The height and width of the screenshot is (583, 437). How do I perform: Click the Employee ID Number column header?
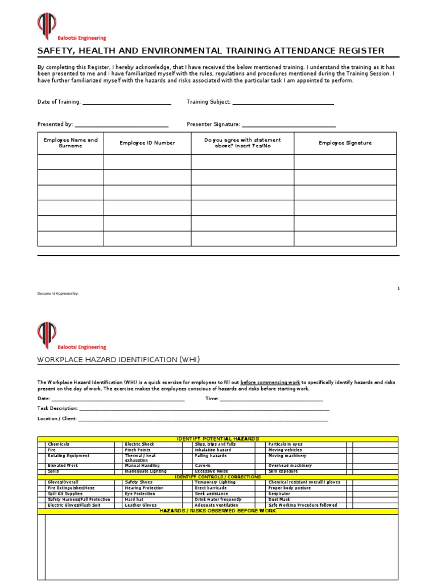pos(147,143)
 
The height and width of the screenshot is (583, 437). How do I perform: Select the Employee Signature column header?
pos(345,143)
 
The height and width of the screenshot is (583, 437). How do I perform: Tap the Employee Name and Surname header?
pos(71,142)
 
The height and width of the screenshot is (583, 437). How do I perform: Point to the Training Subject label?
pos(209,102)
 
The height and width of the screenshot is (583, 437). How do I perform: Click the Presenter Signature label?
pos(213,124)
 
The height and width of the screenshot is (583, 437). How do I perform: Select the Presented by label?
pos(55,124)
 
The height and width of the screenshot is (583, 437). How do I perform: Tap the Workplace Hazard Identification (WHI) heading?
pos(118,360)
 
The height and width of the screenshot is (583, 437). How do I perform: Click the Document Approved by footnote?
pos(58,294)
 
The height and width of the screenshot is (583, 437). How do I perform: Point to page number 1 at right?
pos(398,289)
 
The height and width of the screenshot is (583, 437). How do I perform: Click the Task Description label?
pos(57,409)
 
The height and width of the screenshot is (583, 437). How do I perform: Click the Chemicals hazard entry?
pos(59,444)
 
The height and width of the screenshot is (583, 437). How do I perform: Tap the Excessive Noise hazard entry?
pos(212,471)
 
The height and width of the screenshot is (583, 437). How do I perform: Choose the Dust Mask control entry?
pos(279,499)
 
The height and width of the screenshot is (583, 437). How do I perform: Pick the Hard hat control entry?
pos(134,499)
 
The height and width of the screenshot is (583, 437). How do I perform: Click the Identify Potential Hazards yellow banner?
pos(218,439)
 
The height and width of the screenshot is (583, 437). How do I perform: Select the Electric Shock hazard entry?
pos(139,444)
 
